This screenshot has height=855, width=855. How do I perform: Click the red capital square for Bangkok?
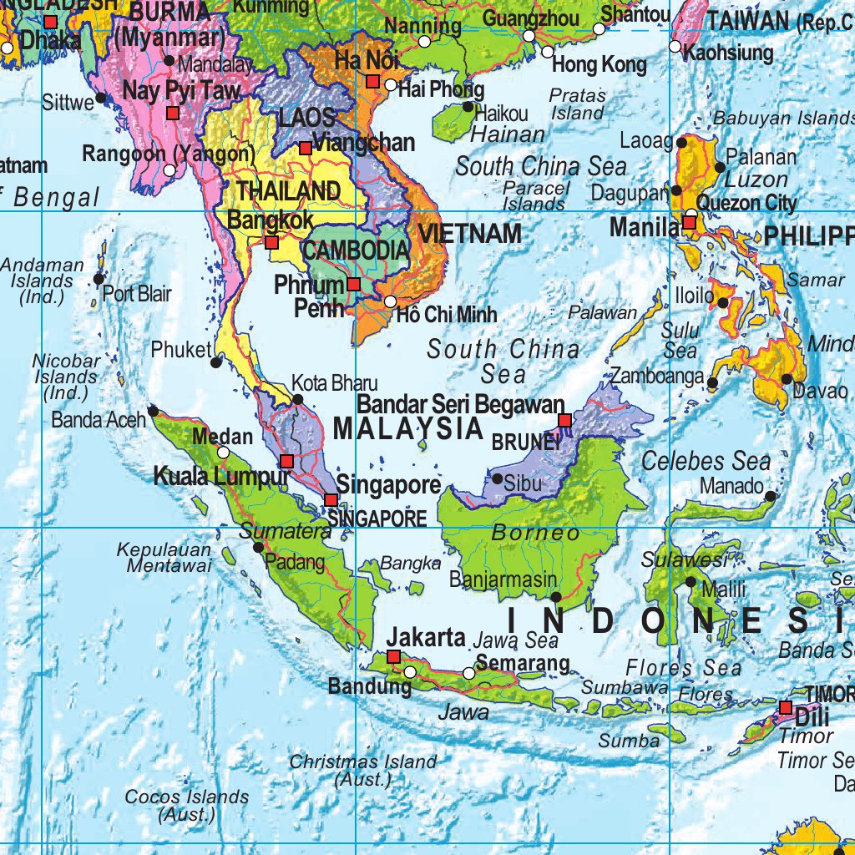[x=271, y=243]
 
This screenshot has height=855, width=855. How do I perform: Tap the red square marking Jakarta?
[x=393, y=656]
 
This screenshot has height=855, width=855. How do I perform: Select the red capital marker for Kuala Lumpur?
[x=286, y=461]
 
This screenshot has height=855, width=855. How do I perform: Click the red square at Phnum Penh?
[x=353, y=284]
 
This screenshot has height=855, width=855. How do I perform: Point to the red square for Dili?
[x=785, y=708]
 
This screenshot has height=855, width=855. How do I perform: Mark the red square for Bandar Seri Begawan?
[x=564, y=420]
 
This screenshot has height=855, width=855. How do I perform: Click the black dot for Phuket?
[x=217, y=362]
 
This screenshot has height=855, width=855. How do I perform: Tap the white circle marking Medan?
[x=223, y=452]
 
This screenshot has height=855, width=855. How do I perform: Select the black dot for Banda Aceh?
[x=153, y=410]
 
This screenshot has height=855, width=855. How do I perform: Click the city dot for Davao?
[x=787, y=379]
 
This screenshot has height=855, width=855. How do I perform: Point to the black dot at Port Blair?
[x=99, y=279]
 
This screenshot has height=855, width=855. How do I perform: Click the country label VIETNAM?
[x=470, y=233]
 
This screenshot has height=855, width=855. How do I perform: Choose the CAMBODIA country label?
[x=356, y=250]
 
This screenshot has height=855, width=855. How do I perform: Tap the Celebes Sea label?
[x=706, y=460]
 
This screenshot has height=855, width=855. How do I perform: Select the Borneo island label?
[x=535, y=532]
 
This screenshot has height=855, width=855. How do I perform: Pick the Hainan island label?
[x=508, y=134]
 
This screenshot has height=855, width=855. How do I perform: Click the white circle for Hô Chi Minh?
[x=390, y=301]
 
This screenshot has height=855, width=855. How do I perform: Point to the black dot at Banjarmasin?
[x=556, y=596]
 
